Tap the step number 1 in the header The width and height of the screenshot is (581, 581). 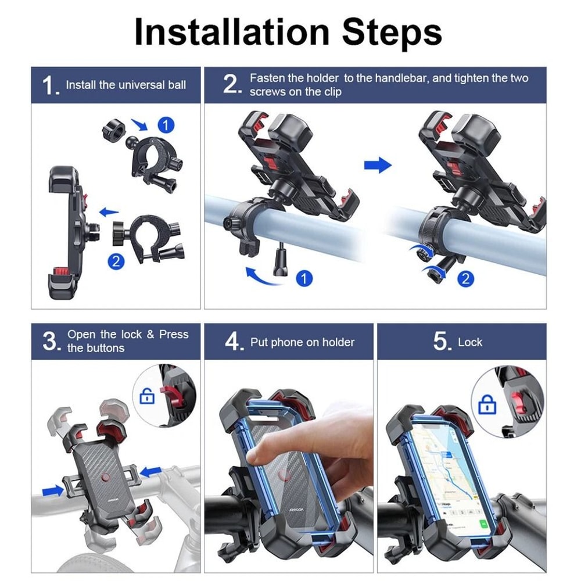coord(49,85)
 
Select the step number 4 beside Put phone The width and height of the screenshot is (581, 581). coord(233,342)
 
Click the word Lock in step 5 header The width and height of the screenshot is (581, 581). coord(469,342)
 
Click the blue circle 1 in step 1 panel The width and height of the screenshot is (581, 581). coord(166,125)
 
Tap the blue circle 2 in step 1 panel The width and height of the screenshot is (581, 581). coord(117,261)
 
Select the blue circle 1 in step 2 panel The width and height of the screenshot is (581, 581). coord(304,278)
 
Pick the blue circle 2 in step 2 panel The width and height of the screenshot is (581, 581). coord(465,278)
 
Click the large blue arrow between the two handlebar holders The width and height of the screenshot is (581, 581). coord(378,166)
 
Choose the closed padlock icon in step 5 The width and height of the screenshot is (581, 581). coord(487,404)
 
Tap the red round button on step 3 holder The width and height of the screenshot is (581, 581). coord(105,478)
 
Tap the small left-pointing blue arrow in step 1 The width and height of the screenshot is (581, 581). coord(109,213)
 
